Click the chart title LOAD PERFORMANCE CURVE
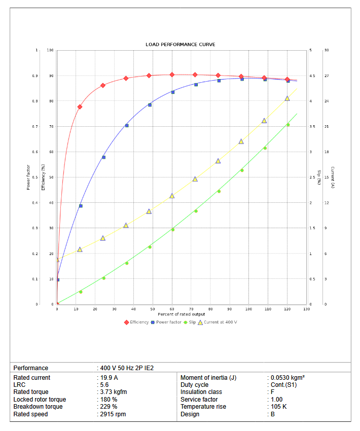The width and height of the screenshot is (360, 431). (x=180, y=45)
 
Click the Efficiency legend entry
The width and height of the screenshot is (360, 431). (x=139, y=322)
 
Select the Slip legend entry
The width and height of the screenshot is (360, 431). (x=192, y=322)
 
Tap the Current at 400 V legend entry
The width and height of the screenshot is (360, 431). (x=220, y=322)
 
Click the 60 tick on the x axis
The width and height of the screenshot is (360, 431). (x=172, y=309)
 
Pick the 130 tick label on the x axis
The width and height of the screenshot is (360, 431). (x=306, y=309)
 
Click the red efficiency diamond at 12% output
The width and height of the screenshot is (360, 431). (x=80, y=107)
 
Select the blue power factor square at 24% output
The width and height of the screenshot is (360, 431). (x=103, y=157)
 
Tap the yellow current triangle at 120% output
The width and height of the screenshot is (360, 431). (x=287, y=98)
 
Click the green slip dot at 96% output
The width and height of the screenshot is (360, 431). (x=242, y=170)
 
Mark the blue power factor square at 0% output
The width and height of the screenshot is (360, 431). (x=58, y=280)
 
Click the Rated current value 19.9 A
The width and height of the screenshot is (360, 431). (x=109, y=378)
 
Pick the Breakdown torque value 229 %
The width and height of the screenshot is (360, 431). (x=109, y=407)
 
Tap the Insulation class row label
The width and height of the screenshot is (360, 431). (x=201, y=392)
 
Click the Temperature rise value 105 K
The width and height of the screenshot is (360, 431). (x=278, y=407)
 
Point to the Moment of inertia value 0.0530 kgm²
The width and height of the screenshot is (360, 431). (x=287, y=378)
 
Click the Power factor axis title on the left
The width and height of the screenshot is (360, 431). (x=28, y=177)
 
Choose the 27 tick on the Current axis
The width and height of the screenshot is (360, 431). (x=326, y=76)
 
